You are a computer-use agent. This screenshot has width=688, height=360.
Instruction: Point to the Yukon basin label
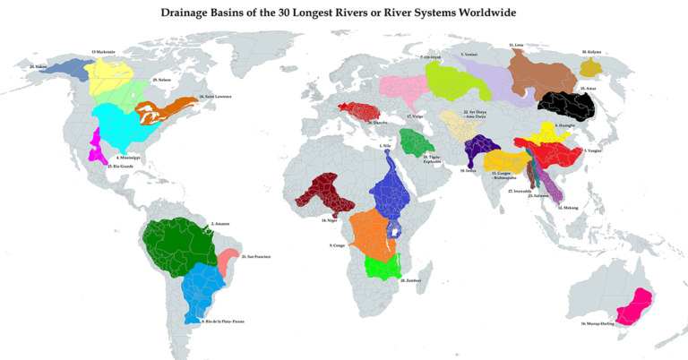(37, 66)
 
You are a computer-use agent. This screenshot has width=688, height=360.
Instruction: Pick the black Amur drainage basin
(566, 107)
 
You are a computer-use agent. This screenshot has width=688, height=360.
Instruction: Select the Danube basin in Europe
(361, 112)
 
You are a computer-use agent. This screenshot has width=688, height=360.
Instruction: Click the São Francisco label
(254, 257)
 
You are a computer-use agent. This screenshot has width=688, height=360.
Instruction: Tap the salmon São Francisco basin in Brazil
(228, 261)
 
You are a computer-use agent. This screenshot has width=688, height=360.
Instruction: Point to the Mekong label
(567, 207)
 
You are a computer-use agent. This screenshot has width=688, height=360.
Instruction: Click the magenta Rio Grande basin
(94, 146)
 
